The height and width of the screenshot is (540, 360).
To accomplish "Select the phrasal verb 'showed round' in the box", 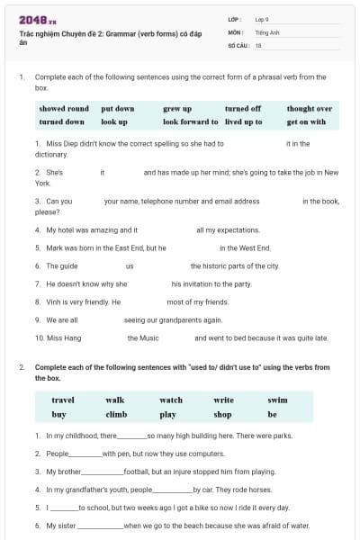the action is [x=64, y=108].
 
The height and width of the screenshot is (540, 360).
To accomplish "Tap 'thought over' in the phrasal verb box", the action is [x=310, y=108].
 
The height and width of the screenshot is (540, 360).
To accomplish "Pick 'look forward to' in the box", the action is [x=190, y=121].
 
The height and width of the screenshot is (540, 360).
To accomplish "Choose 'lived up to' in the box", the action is [x=244, y=121].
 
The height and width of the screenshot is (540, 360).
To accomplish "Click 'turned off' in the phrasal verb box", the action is [x=243, y=108].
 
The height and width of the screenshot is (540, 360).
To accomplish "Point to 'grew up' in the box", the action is [x=177, y=108].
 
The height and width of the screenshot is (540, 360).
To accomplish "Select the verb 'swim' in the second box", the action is [x=278, y=400].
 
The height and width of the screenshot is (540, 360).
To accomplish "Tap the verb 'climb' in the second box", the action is [x=116, y=415].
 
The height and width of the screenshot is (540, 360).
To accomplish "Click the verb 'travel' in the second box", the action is [x=63, y=400].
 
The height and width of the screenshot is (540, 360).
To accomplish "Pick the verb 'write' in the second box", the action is [x=223, y=400].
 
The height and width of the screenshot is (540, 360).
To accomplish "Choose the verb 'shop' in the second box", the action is [x=222, y=415].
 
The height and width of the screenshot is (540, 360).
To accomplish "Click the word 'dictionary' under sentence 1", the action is [x=51, y=154].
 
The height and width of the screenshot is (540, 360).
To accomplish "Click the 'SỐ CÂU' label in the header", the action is [x=238, y=45].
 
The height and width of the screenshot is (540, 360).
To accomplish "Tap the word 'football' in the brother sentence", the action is [x=137, y=472].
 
